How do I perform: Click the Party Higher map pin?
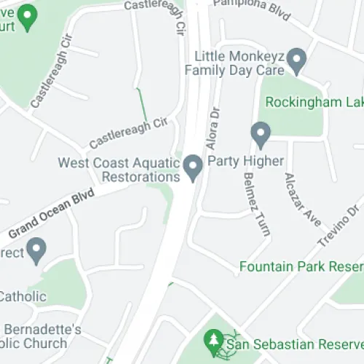[261, 135]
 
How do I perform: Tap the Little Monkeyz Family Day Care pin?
[296, 60]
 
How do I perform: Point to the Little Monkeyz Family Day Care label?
[234, 63]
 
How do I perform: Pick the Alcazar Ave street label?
[303, 198]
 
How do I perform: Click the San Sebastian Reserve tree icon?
[213, 339]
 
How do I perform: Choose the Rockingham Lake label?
[313, 103]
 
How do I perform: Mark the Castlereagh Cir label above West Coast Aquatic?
[128, 132]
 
